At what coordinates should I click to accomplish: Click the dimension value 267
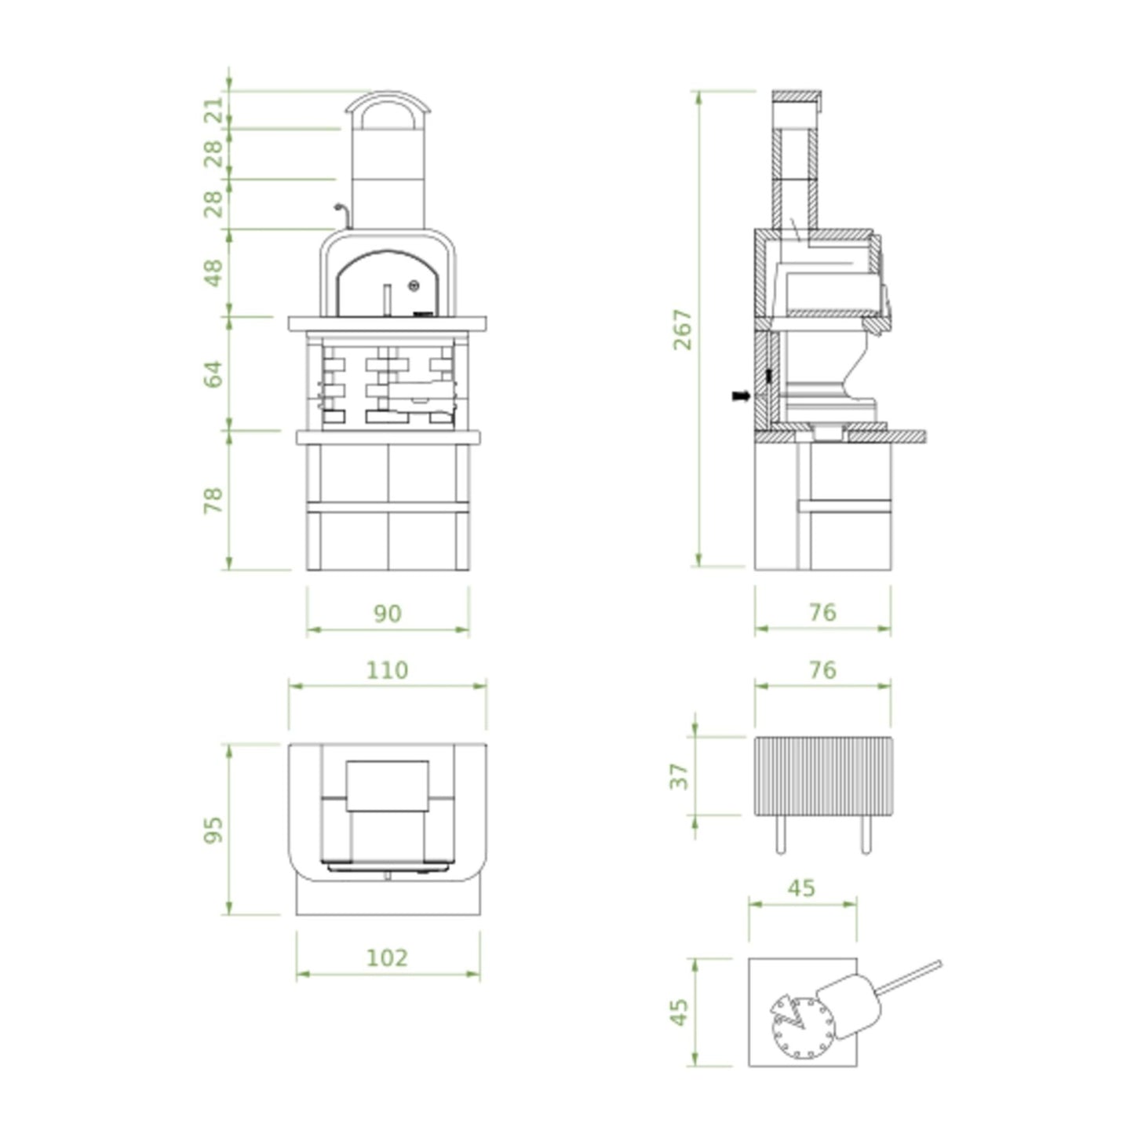pos(684,330)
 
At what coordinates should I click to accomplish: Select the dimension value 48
pos(213,273)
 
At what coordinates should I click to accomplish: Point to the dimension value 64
pos(213,374)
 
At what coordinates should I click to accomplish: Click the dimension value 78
pos(213,500)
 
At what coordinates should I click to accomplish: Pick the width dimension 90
pos(387,614)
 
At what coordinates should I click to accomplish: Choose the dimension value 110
pos(387,670)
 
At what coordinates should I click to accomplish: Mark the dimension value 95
pos(213,830)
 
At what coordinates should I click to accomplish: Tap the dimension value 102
pos(387,957)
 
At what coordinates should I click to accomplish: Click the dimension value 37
pos(680,776)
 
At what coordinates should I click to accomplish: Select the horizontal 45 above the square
pos(801,888)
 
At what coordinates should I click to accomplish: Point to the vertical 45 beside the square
pos(680,1012)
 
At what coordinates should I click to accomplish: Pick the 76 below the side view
pos(822,612)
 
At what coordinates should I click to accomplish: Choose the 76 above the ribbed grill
pos(822,670)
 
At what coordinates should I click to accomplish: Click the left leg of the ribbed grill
pos(779,834)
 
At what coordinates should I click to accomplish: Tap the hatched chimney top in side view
pos(796,96)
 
